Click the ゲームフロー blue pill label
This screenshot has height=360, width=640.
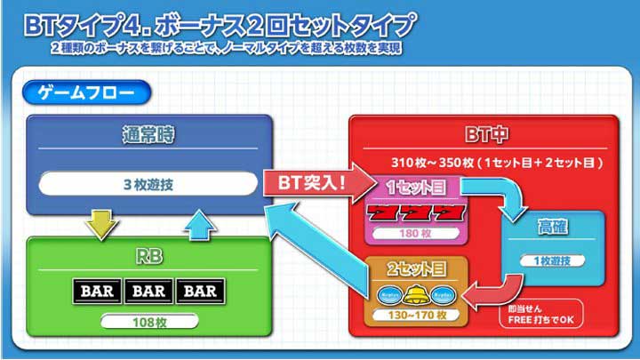[x=86, y=92]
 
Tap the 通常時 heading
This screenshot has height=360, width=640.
[x=148, y=135]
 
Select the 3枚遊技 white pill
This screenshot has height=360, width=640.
[x=148, y=184]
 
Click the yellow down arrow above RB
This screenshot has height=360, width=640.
[x=101, y=224]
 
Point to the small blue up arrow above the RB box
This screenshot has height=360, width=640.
[x=200, y=225]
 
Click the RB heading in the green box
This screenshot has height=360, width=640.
[x=148, y=257]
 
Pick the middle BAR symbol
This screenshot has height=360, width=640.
[x=148, y=291]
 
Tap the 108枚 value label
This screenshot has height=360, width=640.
[x=149, y=322]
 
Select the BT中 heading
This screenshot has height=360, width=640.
[x=486, y=134]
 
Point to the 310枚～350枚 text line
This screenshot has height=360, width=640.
[x=497, y=163]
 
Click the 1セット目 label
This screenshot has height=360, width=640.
[x=415, y=188]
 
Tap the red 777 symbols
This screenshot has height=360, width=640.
[x=416, y=213]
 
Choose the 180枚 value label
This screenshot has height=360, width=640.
[x=415, y=234]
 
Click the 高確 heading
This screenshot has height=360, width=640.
[x=552, y=227]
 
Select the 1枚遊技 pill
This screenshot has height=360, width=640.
[x=552, y=260]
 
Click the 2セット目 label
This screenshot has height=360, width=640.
[x=416, y=268]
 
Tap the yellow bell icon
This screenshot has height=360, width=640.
[x=415, y=295]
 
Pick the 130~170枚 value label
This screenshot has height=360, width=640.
[x=416, y=315]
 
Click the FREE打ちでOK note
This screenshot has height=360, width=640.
[x=541, y=315]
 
